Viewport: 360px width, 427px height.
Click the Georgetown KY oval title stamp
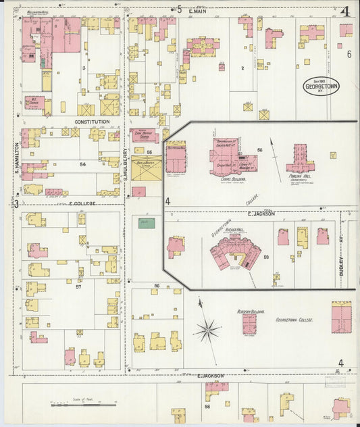pyautogui.click(x=321, y=86)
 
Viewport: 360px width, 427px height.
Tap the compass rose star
pyautogui.click(x=208, y=331)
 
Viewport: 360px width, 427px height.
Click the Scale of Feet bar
pyautogui.click(x=85, y=404)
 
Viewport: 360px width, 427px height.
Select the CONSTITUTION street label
pyautogui.click(x=92, y=122)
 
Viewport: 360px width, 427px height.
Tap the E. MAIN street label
pyautogui.click(x=197, y=10)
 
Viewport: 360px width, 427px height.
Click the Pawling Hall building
pyautogui.click(x=299, y=159)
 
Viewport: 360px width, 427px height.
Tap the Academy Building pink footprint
pyautogui.click(x=249, y=322)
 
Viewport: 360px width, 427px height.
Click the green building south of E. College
pyautogui.click(x=147, y=223)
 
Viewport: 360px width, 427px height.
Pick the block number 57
pyautogui.click(x=78, y=286)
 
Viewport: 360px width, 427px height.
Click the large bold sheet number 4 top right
pyautogui.click(x=344, y=11)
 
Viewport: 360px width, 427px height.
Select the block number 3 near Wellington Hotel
pyautogui.click(x=84, y=68)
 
